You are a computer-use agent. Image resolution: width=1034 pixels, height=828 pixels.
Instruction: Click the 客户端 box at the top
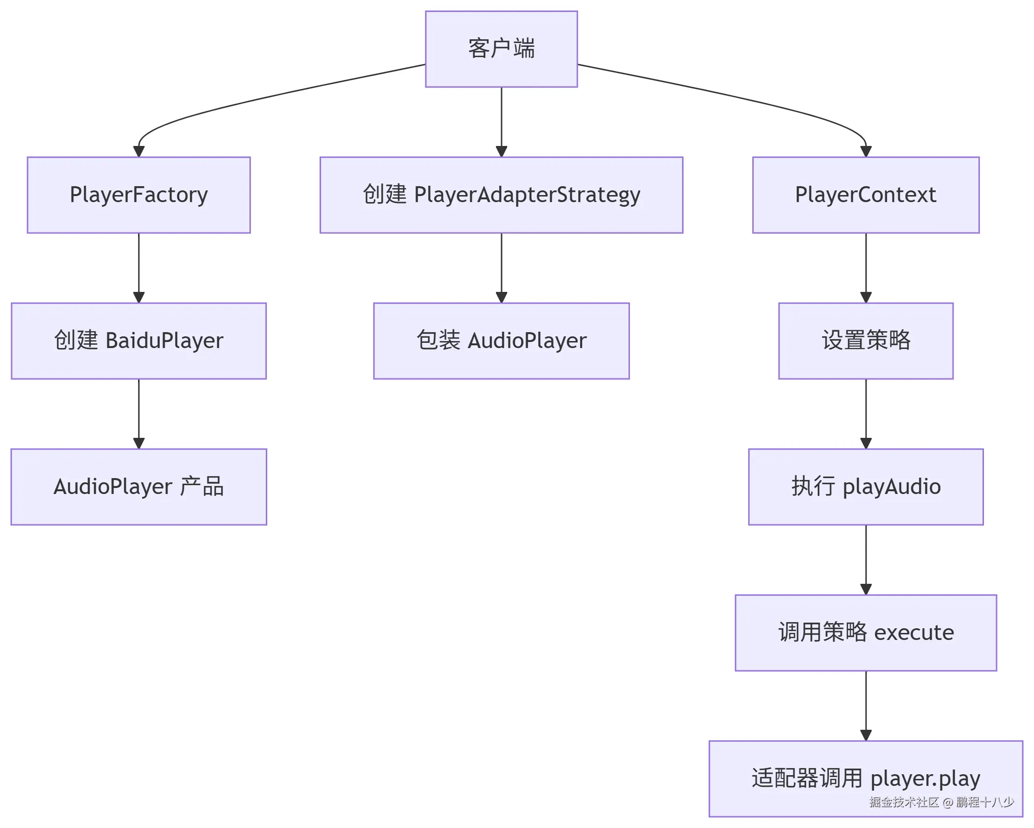click(501, 49)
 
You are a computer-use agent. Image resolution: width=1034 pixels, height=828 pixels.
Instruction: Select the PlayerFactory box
click(138, 195)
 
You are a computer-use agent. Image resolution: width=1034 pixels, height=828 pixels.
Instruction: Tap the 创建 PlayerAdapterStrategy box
click(501, 195)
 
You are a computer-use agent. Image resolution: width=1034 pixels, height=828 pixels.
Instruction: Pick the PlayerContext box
click(865, 195)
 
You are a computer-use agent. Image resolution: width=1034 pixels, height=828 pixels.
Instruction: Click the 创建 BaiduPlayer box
click(138, 341)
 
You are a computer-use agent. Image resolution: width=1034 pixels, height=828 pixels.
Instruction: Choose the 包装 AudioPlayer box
click(501, 341)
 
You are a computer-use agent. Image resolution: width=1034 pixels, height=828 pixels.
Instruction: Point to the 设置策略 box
click(865, 341)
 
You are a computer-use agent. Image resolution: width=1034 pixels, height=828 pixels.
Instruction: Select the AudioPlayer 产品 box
click(138, 487)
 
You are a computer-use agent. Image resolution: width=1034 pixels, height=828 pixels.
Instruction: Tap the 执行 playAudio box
click(865, 487)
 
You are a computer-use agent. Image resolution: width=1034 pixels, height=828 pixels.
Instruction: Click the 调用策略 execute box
click(865, 632)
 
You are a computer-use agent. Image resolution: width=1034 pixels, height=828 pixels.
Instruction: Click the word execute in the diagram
click(914, 633)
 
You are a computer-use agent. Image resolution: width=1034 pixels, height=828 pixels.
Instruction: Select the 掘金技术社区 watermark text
click(903, 803)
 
